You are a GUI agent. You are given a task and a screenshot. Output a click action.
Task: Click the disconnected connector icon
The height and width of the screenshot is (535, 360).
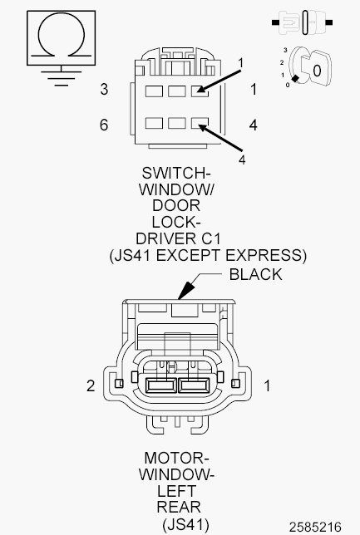coord(302,22)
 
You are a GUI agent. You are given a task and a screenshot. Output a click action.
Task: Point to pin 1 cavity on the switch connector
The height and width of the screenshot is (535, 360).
coord(200,91)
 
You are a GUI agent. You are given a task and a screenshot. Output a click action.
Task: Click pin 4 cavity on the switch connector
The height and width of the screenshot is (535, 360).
coord(200,123)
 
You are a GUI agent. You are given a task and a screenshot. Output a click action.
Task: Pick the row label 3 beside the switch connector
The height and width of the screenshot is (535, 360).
coord(104,90)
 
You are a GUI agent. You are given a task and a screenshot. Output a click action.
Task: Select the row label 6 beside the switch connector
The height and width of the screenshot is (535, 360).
coord(104,125)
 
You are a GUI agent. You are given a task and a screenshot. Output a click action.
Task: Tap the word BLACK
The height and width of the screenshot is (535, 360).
coord(255,275)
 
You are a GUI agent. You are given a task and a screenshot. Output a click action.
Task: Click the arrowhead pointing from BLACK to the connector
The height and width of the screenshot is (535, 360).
coord(185,291)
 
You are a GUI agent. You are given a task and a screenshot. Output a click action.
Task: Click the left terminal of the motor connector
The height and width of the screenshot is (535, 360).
coord(160,385)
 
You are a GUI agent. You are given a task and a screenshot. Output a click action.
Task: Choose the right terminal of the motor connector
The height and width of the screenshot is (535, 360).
coord(194,385)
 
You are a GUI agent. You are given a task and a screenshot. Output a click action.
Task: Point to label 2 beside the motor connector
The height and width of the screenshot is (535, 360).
coord(91,386)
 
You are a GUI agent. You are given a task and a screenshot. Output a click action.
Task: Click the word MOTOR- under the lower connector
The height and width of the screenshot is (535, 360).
coord(176,458)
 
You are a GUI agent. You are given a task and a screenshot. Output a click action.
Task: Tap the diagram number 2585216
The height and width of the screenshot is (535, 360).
coord(315,527)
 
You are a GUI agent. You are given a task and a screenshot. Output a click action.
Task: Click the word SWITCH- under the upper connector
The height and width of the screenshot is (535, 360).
coord(176,173)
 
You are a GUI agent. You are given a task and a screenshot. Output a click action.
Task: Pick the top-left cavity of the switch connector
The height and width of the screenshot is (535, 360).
coord(154,91)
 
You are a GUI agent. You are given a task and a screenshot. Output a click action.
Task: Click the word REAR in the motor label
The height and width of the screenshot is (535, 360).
coord(179,508)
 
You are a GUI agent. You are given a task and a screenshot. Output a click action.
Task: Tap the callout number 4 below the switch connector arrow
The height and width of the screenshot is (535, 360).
coord(242,160)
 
